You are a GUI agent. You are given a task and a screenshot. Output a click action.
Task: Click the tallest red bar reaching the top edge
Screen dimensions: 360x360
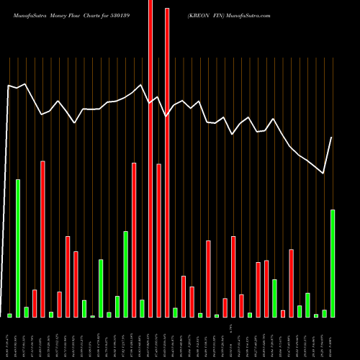point(150,158)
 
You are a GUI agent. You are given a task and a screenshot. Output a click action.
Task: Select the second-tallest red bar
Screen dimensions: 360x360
point(167,162)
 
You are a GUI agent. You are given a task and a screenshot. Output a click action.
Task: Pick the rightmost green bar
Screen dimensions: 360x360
point(333,263)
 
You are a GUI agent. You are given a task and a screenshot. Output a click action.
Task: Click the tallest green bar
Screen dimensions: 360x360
point(18,248)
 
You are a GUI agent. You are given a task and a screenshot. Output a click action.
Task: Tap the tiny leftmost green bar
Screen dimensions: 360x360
point(9,315)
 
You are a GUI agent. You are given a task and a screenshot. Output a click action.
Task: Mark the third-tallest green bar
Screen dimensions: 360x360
point(125,274)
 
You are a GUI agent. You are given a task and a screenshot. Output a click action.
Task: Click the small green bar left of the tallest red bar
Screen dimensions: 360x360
point(142,308)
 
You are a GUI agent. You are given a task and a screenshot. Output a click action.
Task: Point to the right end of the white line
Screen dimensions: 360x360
point(332,138)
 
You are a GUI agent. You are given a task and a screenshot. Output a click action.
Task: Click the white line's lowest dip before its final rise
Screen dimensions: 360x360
point(323,173)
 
